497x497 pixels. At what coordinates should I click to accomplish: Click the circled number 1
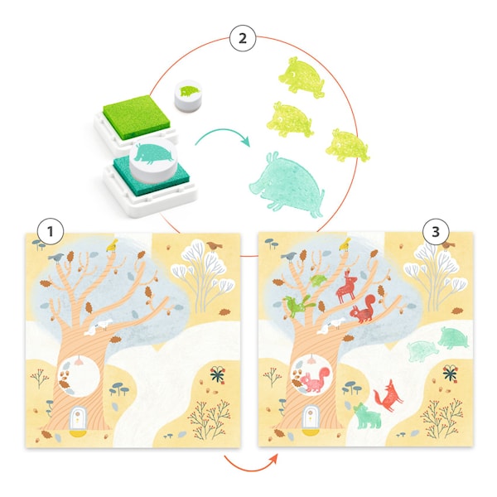click(x=51, y=231)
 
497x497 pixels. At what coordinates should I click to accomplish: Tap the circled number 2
click(x=243, y=38)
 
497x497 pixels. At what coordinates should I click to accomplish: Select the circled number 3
click(x=436, y=232)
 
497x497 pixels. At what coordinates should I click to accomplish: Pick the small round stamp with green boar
click(x=188, y=96)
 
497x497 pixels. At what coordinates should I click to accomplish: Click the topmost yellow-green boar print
click(x=302, y=77)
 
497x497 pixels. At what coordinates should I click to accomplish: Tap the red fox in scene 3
click(x=388, y=396)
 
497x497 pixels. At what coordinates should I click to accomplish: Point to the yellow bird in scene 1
click(x=112, y=245)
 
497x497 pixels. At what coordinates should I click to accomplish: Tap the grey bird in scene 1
click(x=56, y=258)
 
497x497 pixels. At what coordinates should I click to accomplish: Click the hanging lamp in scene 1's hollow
click(x=79, y=360)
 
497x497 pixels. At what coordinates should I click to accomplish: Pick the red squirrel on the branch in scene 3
click(x=364, y=309)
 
